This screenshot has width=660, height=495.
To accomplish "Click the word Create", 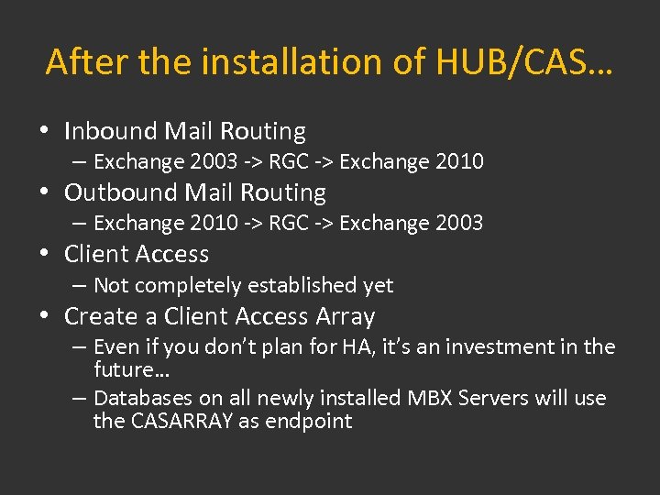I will click(101, 316).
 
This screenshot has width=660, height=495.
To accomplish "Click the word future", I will click(124, 369).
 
